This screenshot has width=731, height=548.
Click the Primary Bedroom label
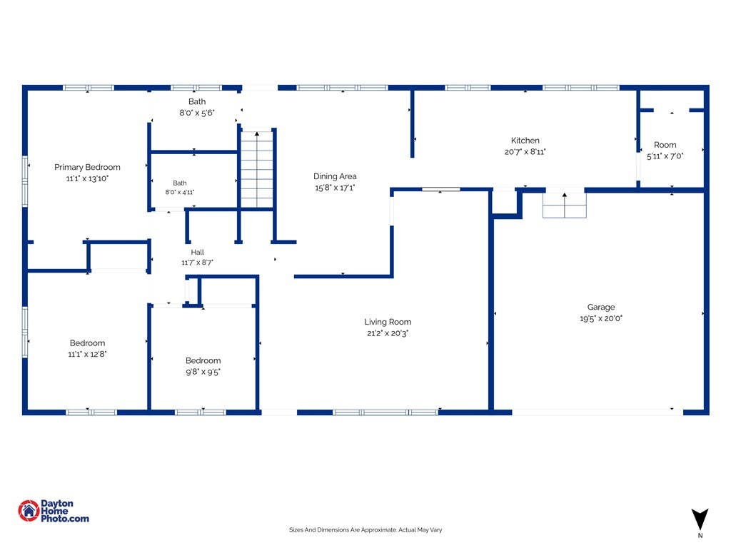click(87, 167)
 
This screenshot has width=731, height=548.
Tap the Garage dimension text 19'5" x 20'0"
click(601, 318)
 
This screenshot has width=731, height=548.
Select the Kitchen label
click(525, 141)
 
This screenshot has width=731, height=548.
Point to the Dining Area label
click(335, 176)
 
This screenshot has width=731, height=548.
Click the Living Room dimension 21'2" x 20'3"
click(388, 333)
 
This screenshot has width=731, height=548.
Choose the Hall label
click(197, 252)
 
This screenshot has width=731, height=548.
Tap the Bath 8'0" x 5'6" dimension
click(197, 113)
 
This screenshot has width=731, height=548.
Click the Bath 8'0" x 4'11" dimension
click(179, 192)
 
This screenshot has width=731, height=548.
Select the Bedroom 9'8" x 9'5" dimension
click(203, 372)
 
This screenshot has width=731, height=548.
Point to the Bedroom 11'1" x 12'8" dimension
click(87, 354)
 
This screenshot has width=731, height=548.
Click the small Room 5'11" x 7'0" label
click(665, 145)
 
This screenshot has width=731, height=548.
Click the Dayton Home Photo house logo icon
click(29, 511)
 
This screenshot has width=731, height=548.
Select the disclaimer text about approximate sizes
click(365, 530)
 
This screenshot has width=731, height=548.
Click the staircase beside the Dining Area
click(256, 169)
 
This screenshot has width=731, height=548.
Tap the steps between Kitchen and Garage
click(564, 205)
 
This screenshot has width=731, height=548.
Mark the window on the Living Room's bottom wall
click(385, 412)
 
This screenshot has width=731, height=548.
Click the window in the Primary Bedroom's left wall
click(25, 181)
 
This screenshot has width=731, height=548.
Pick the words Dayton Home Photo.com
click(64, 511)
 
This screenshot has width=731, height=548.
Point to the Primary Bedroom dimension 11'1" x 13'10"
click(87, 178)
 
